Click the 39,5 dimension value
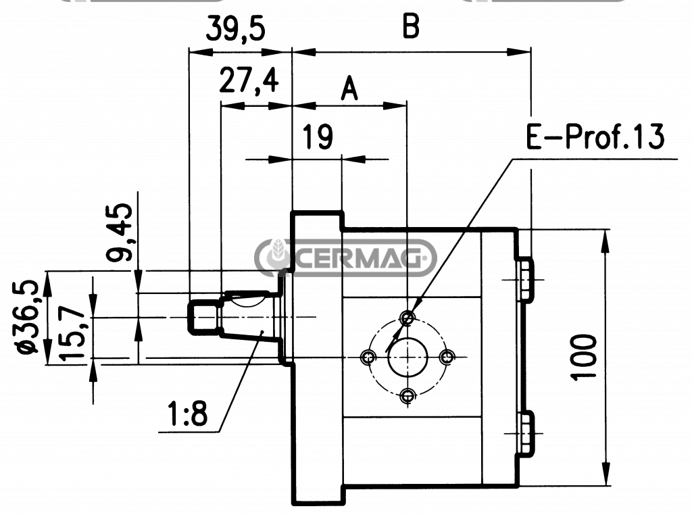coord(236,29)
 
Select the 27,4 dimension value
coord(249,80)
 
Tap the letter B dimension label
coord(411,26)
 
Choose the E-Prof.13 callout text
coord(595,137)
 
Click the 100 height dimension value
coord(583,358)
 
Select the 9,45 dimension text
coord(119,232)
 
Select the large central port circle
coord(407,357)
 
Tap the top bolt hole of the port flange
coord(407,318)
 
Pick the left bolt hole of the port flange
coord(368,357)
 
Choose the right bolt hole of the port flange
coord(447,357)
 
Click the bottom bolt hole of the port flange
coord(407,395)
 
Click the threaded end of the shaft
coord(203,317)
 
